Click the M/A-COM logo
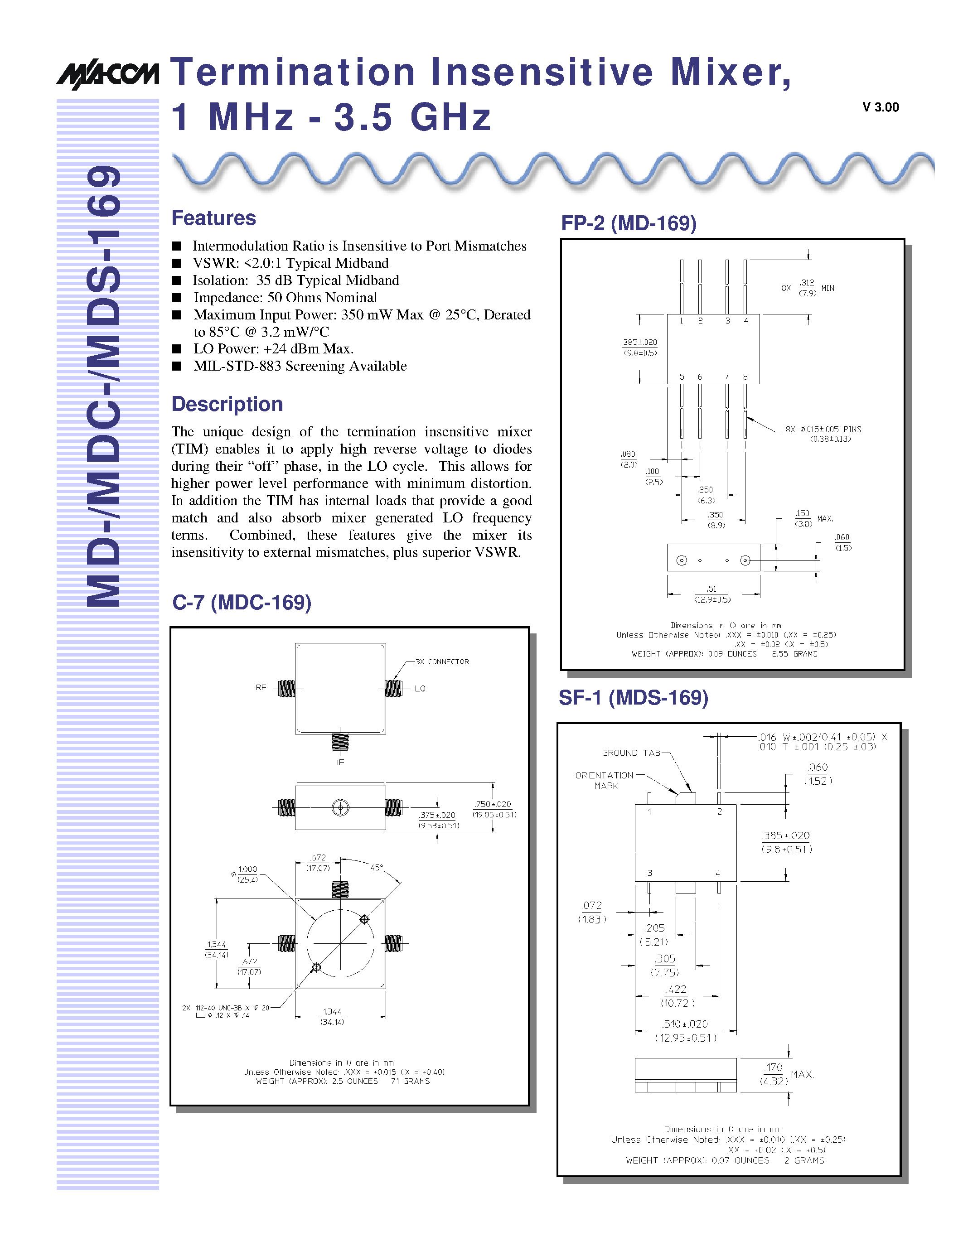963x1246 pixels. pyautogui.click(x=107, y=74)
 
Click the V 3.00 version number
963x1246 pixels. pyautogui.click(x=880, y=107)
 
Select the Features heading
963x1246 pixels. pyautogui.click(x=213, y=218)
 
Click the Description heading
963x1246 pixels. pyautogui.click(x=227, y=404)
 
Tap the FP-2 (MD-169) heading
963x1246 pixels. pyautogui.click(x=629, y=223)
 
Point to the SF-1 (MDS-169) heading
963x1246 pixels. pyautogui.click(x=633, y=697)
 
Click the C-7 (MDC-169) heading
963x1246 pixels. pyautogui.click(x=242, y=603)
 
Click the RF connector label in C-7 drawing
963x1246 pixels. pyautogui.click(x=261, y=687)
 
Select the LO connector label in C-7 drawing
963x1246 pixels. pyautogui.click(x=420, y=689)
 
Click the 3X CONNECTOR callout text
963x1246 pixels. pyautogui.click(x=442, y=662)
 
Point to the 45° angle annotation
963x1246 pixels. pyautogui.click(x=377, y=868)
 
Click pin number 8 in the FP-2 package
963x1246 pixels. pyautogui.click(x=745, y=377)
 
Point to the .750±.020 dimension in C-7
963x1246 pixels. pyautogui.click(x=493, y=804)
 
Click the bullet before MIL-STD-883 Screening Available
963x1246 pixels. pyautogui.click(x=177, y=366)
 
